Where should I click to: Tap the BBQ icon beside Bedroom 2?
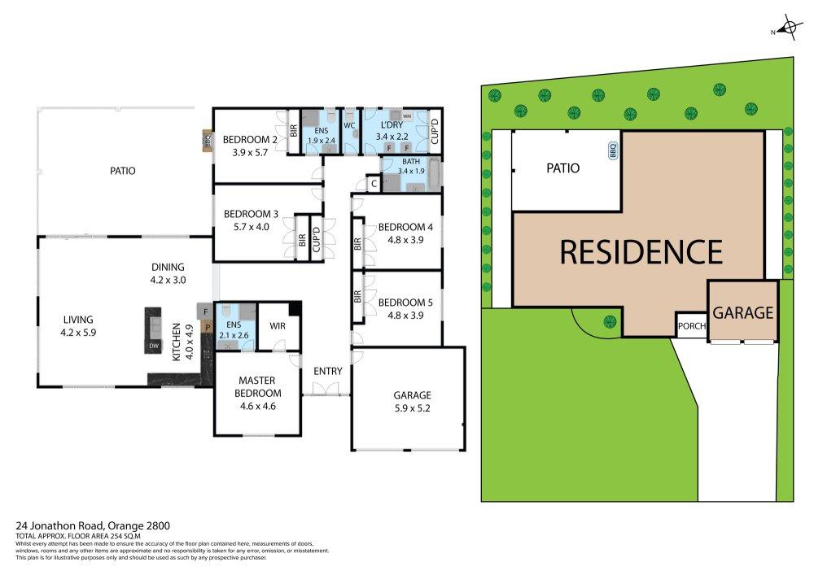click(x=208, y=141)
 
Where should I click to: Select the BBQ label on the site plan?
click(x=613, y=150)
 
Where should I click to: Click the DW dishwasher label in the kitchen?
click(x=154, y=346)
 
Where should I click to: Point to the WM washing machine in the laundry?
click(x=407, y=116)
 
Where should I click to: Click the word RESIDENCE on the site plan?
click(x=641, y=251)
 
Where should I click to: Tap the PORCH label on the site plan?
click(x=691, y=326)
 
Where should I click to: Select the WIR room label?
click(x=278, y=325)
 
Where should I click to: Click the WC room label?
click(x=349, y=125)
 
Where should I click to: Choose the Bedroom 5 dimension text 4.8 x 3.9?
click(x=405, y=316)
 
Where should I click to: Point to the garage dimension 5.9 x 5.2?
click(x=412, y=408)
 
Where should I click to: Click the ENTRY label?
click(x=327, y=371)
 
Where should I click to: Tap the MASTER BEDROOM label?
click(x=257, y=387)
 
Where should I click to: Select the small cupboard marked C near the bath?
click(x=374, y=184)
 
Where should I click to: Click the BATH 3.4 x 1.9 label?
click(x=411, y=167)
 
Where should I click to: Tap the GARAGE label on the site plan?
click(x=743, y=312)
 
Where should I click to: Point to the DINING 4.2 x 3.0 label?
click(x=168, y=273)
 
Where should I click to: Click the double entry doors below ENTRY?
click(x=326, y=390)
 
